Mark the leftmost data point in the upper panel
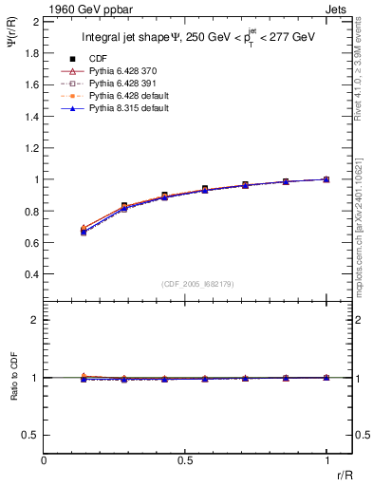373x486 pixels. (x=84, y=231)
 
